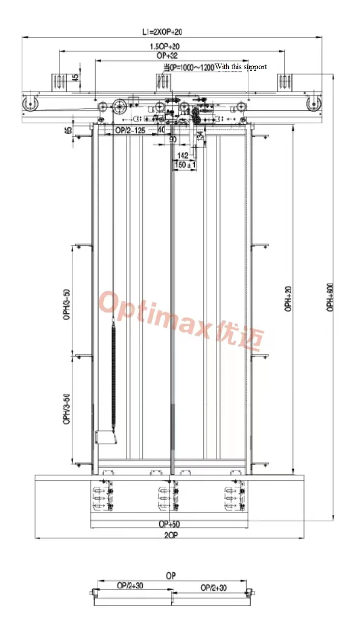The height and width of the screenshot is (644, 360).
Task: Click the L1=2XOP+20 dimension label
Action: pos(162,32)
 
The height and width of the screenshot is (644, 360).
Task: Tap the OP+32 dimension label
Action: pos(167,55)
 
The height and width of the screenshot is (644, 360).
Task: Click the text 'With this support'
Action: pos(241,67)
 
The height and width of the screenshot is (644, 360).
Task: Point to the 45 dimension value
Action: pos(76,78)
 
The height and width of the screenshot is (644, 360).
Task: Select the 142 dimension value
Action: pos(183,156)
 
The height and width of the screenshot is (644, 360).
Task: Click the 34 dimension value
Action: pos(200,135)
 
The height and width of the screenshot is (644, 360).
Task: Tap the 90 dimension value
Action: pos(172,139)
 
